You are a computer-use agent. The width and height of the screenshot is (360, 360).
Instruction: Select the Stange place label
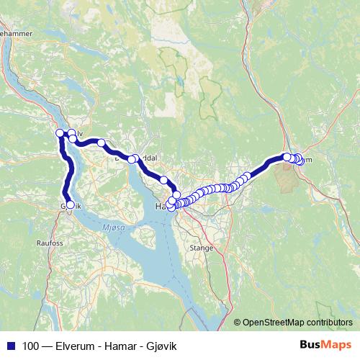(201, 247)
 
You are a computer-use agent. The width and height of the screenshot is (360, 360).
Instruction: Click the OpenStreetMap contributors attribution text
(297, 322)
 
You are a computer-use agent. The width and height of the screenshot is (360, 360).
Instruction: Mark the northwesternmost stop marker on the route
(60, 133)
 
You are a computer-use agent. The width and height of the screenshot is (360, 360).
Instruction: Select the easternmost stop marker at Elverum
(300, 161)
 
